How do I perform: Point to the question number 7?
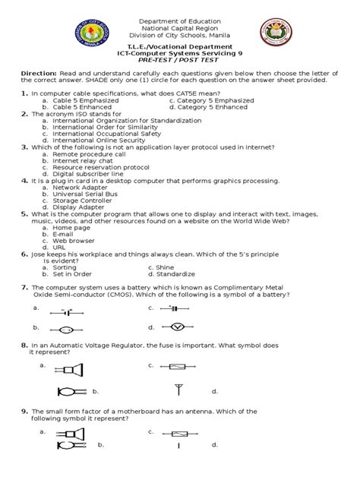pyautogui.click(x=25, y=287)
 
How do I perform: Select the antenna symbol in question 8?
pyautogui.click(x=178, y=390)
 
